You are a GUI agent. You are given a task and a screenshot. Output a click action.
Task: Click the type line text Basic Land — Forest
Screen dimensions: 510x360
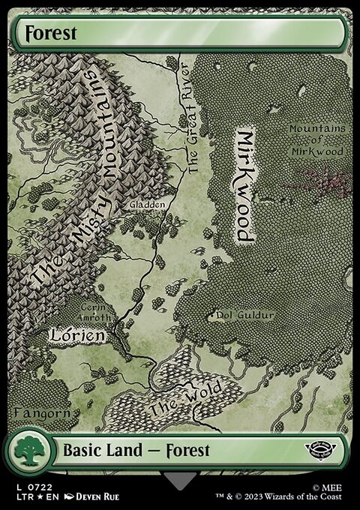pyautogui.click(x=136, y=451)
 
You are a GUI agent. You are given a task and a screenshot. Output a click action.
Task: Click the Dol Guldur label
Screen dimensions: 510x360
pyautogui.click(x=245, y=316)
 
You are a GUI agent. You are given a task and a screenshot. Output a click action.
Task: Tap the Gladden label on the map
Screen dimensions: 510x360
pyautogui.click(x=146, y=204)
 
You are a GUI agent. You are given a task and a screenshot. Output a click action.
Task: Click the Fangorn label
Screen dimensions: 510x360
pyautogui.click(x=42, y=412)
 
